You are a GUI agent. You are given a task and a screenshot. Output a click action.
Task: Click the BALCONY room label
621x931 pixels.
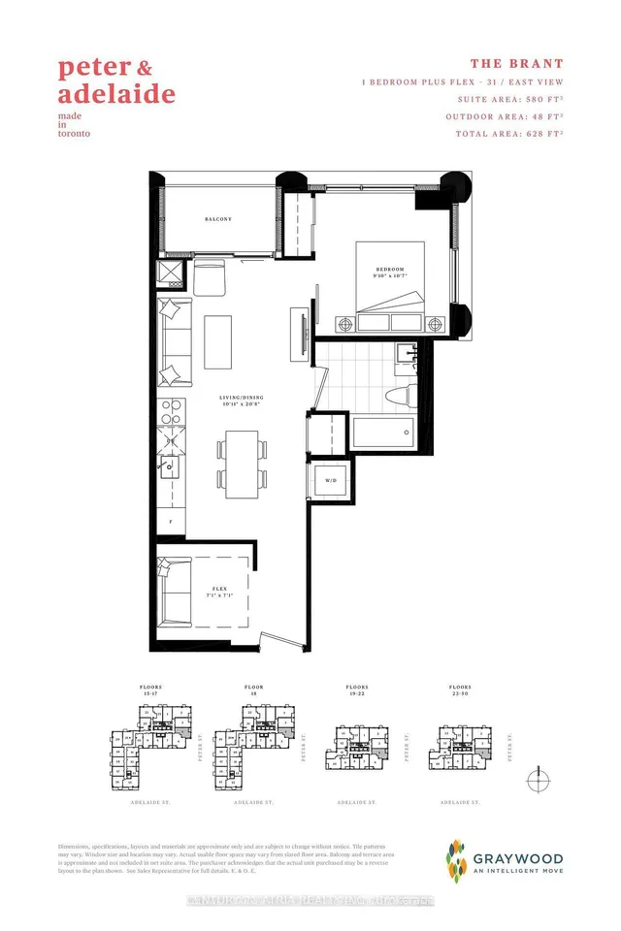point(218,219)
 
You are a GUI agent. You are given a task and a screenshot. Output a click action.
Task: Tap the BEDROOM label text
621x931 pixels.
point(390,270)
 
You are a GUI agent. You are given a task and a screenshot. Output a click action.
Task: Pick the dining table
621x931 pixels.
point(241,464)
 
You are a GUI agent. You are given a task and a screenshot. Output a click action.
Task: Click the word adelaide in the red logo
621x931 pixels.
point(116,95)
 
